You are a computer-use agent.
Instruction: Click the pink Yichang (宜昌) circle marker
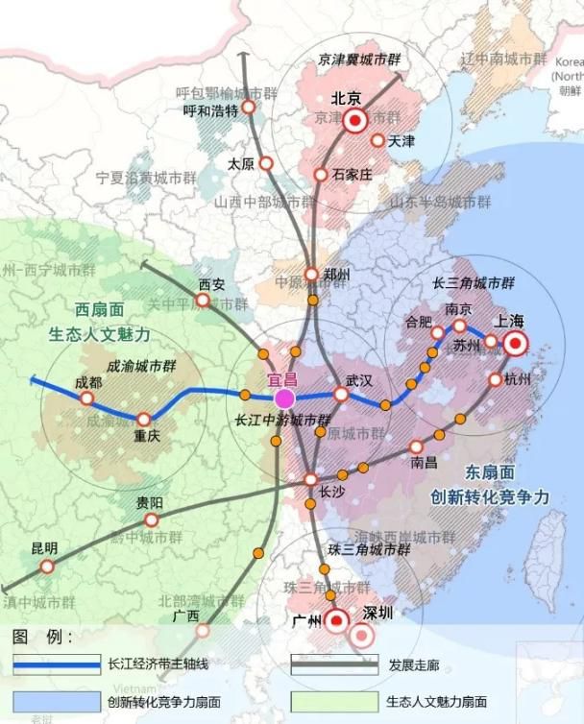[284, 398]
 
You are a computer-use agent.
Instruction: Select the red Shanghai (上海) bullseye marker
[516, 344]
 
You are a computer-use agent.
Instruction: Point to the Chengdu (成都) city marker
[86, 398]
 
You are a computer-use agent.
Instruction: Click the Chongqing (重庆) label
[147, 436]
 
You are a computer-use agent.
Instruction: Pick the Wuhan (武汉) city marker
[341, 394]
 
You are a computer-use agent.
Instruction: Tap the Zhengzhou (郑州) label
[337, 276]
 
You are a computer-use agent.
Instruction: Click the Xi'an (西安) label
[211, 284]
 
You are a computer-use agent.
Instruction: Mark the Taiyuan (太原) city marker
[265, 163]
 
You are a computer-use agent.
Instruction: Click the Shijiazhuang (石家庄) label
[352, 175]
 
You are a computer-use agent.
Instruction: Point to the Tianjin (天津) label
[401, 141]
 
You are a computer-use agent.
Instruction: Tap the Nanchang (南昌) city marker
[416, 446]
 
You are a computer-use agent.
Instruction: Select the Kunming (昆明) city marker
[47, 567]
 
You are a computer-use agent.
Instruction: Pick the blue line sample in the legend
[58, 664]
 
